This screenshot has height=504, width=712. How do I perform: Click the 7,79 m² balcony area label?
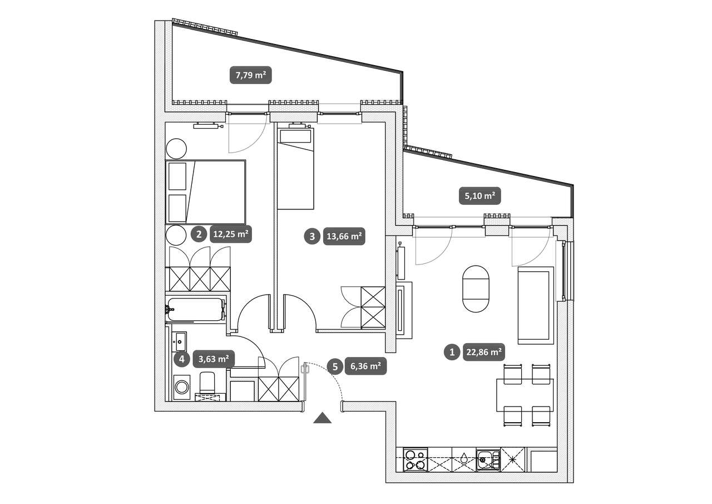(x=250, y=75)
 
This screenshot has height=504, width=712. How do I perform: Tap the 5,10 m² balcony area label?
(x=480, y=195)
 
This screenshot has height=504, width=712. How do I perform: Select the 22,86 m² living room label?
(x=484, y=352)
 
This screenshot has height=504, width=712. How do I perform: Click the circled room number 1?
(x=452, y=352)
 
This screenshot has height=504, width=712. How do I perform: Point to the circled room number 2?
(x=199, y=234)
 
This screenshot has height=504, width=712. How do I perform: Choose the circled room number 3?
(x=312, y=237)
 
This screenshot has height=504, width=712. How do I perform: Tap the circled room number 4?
(x=181, y=359)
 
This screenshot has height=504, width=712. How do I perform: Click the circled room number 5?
(x=335, y=366)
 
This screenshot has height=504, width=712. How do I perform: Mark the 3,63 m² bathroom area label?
(x=214, y=359)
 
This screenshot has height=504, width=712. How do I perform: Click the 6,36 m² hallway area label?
(x=365, y=366)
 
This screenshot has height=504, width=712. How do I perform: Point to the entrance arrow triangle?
(x=322, y=418)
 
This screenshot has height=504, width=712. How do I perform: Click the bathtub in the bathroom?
(x=195, y=309)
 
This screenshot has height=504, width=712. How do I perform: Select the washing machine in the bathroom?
(x=182, y=387)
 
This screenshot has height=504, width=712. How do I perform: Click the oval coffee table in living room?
(x=476, y=289)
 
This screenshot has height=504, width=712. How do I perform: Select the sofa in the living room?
(x=536, y=305)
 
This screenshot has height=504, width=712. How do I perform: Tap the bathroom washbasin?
(x=179, y=342)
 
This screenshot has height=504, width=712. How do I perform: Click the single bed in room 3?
(x=295, y=168)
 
